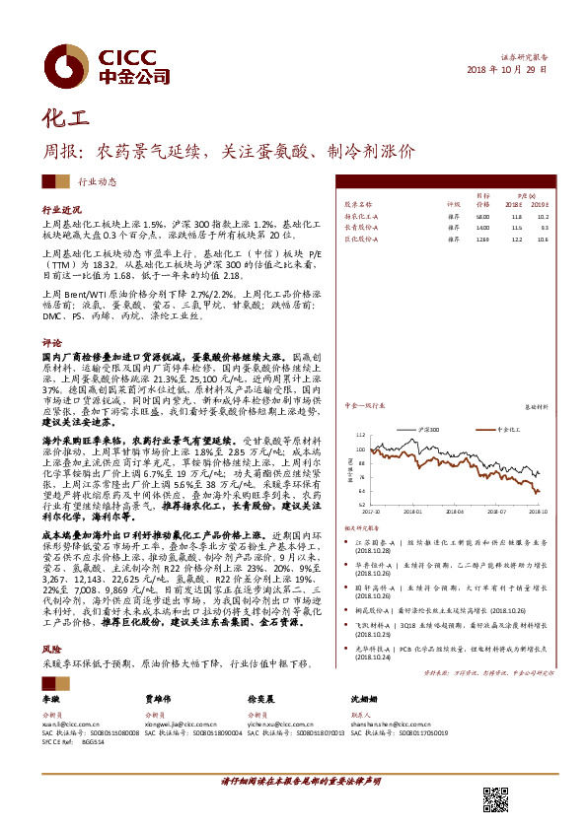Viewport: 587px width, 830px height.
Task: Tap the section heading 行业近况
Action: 60,211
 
